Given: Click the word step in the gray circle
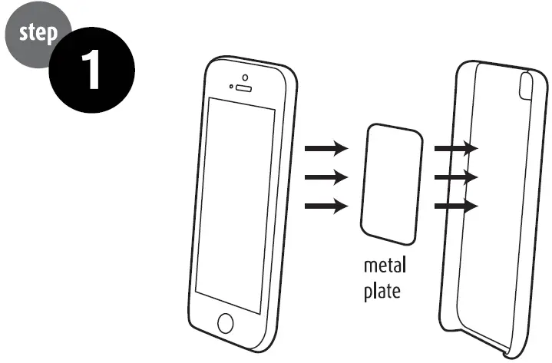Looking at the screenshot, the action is [38, 33].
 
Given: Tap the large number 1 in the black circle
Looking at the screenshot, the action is [91, 69].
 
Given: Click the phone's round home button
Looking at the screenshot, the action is [225, 323].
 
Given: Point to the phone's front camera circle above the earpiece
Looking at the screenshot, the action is [245, 78].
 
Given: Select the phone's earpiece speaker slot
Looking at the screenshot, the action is [243, 88].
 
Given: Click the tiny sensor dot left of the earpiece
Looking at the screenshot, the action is [231, 86].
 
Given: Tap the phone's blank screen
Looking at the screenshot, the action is [235, 206].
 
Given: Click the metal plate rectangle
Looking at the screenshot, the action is [392, 184].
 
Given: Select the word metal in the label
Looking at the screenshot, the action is [385, 266].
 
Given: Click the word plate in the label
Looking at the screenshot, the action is [382, 292].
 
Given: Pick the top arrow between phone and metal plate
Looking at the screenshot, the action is [326, 148].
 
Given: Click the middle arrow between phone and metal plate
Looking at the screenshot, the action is [326, 177].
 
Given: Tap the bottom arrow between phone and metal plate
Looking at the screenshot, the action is [326, 206].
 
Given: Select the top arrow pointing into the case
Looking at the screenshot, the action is [456, 148].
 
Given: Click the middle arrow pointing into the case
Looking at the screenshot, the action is [456, 177].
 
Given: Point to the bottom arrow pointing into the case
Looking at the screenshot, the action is [456, 206].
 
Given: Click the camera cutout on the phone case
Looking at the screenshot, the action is [527, 86].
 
